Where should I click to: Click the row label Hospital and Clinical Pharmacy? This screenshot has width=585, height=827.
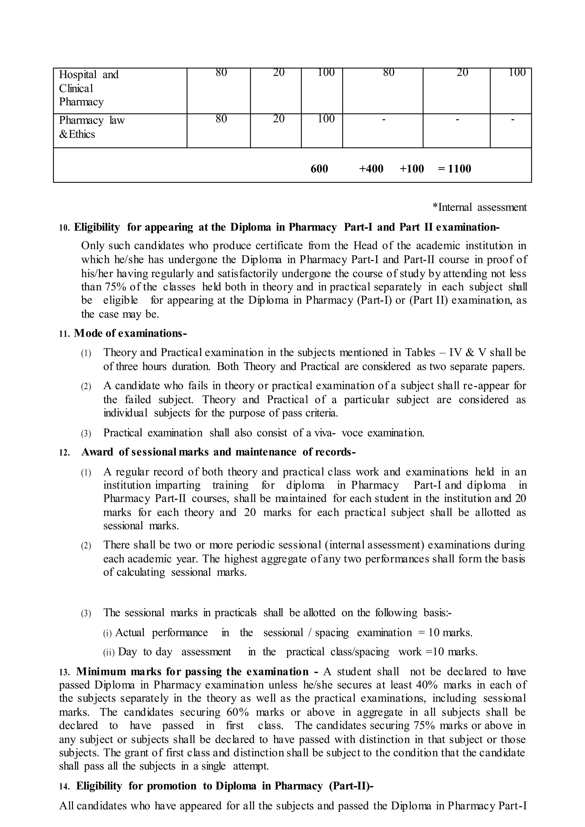(89, 88)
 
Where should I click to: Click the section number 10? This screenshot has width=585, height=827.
(64, 228)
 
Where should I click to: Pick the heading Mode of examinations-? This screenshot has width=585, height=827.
(131, 333)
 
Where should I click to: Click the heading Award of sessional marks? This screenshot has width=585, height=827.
(218, 452)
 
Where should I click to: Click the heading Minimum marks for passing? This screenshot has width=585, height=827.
(192, 671)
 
